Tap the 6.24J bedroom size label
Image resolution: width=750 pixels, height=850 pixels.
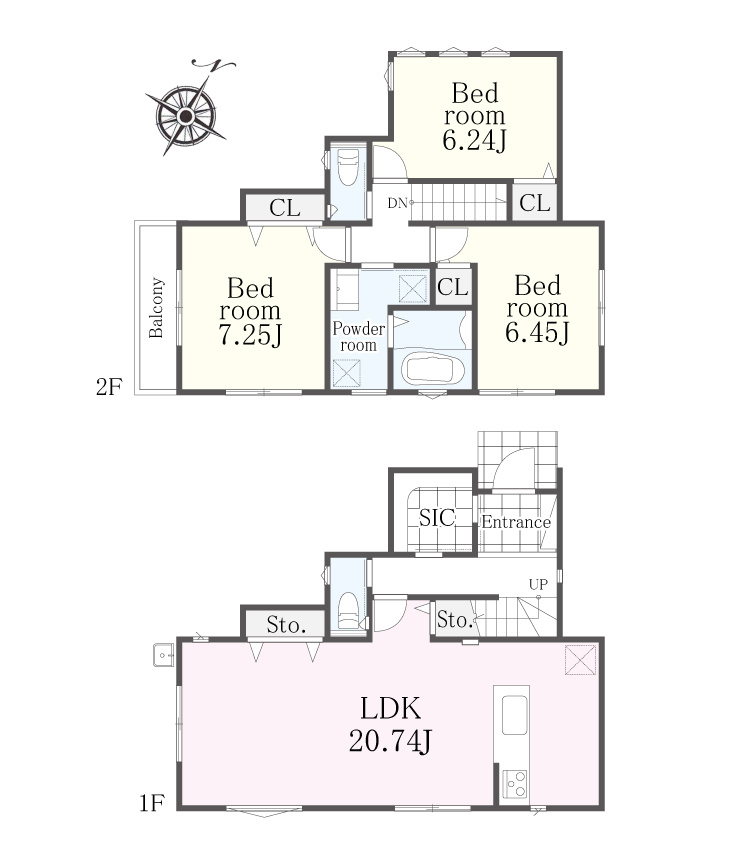(x=474, y=141)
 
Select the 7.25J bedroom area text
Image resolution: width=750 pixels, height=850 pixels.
(x=250, y=335)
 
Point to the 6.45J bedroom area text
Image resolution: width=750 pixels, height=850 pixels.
(x=537, y=332)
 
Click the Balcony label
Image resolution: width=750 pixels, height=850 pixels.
(x=156, y=308)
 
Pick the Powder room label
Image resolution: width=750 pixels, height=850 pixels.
(x=358, y=337)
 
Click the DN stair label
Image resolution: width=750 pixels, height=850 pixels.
(x=397, y=203)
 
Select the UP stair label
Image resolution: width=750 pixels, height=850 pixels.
(x=538, y=584)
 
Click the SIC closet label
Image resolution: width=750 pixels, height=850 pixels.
(x=437, y=518)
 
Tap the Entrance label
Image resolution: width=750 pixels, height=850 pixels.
(x=516, y=522)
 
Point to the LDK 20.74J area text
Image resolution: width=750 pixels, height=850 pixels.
(x=390, y=725)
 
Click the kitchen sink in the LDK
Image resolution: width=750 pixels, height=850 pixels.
(x=514, y=714)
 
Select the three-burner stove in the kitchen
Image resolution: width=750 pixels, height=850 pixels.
(x=514, y=783)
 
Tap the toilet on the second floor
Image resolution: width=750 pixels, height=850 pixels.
(x=347, y=168)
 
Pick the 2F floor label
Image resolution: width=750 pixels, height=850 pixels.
(x=109, y=387)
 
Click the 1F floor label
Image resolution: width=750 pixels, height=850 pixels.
(x=152, y=803)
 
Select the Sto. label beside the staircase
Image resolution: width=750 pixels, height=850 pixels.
(x=455, y=620)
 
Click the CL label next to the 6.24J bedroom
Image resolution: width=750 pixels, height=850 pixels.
(x=534, y=203)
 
